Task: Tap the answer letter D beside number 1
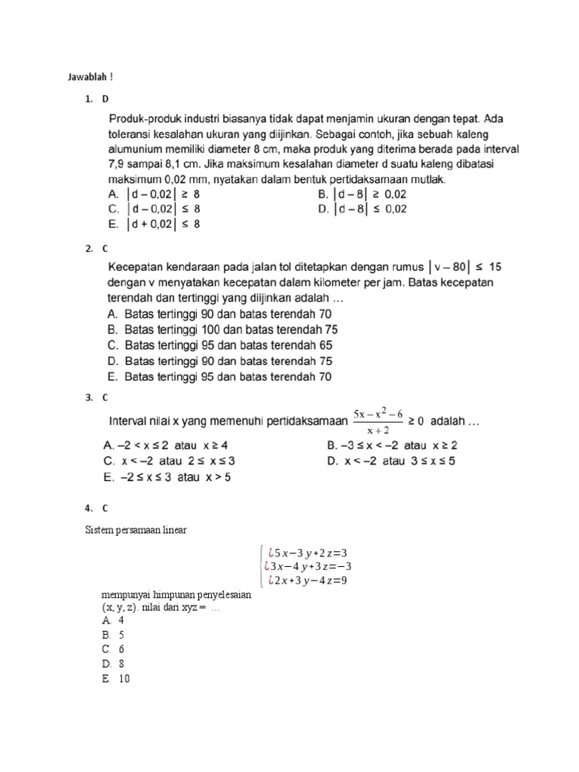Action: tap(105, 99)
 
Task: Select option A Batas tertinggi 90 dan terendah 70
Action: tap(219, 314)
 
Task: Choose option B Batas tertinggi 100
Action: tap(223, 329)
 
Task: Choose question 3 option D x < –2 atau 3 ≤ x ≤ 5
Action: tap(392, 461)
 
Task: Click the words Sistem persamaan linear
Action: tap(135, 530)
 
